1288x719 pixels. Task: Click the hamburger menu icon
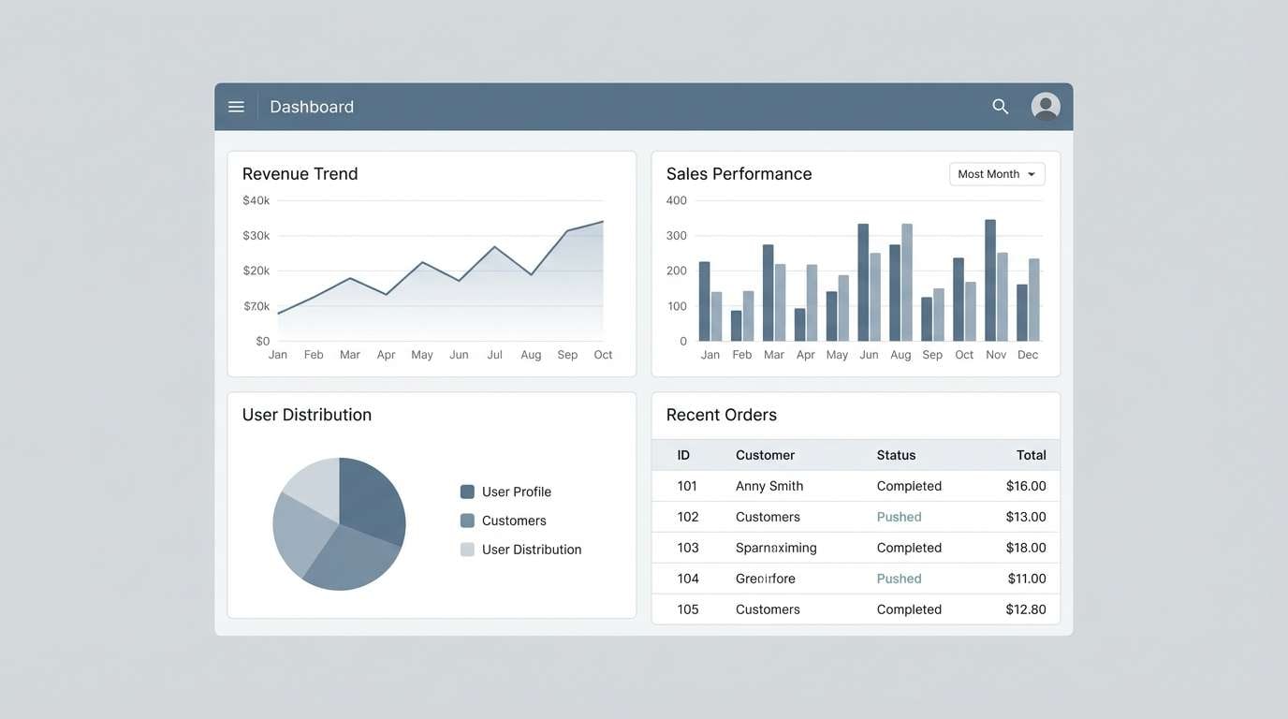coord(236,107)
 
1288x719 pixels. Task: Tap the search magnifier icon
coord(1001,107)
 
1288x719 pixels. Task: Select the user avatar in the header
coord(1046,107)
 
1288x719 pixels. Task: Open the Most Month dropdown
coord(997,174)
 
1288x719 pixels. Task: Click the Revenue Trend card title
coord(300,173)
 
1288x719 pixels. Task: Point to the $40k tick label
coord(256,200)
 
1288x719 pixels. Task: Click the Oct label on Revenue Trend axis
coord(603,355)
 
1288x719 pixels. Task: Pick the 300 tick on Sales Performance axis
coord(676,236)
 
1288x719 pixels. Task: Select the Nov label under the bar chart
coord(996,355)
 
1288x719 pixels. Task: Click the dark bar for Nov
coord(990,280)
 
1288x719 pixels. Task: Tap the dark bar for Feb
coord(737,326)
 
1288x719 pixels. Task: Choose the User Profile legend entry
coord(516,492)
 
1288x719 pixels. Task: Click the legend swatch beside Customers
coord(467,521)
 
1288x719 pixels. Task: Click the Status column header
coord(896,455)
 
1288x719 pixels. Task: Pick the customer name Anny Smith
coord(769,486)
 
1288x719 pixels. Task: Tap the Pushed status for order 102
coord(899,517)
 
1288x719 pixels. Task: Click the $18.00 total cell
coord(1026,548)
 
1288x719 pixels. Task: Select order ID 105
coord(688,609)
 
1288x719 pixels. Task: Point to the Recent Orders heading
coord(721,415)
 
